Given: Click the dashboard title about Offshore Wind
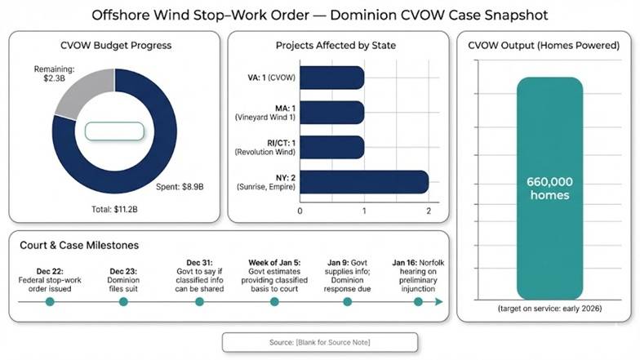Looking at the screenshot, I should pyautogui.click(x=319, y=16).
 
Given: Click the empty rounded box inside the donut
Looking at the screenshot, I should pyautogui.click(x=115, y=131).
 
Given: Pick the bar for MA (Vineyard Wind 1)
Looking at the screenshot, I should pyautogui.click(x=332, y=112).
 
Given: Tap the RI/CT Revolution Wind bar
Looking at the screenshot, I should pyautogui.click(x=332, y=147).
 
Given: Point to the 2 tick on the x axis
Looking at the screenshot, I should pyautogui.click(x=429, y=211).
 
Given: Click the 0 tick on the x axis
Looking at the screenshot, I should pyautogui.click(x=300, y=211).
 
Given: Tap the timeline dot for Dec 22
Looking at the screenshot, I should pyautogui.click(x=50, y=301).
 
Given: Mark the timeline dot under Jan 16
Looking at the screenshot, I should pyautogui.click(x=418, y=301).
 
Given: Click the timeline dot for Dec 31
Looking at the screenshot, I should pyautogui.click(x=199, y=301).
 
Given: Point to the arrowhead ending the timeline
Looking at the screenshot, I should pyautogui.click(x=440, y=301).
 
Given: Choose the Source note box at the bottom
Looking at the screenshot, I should pyautogui.click(x=319, y=341).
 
